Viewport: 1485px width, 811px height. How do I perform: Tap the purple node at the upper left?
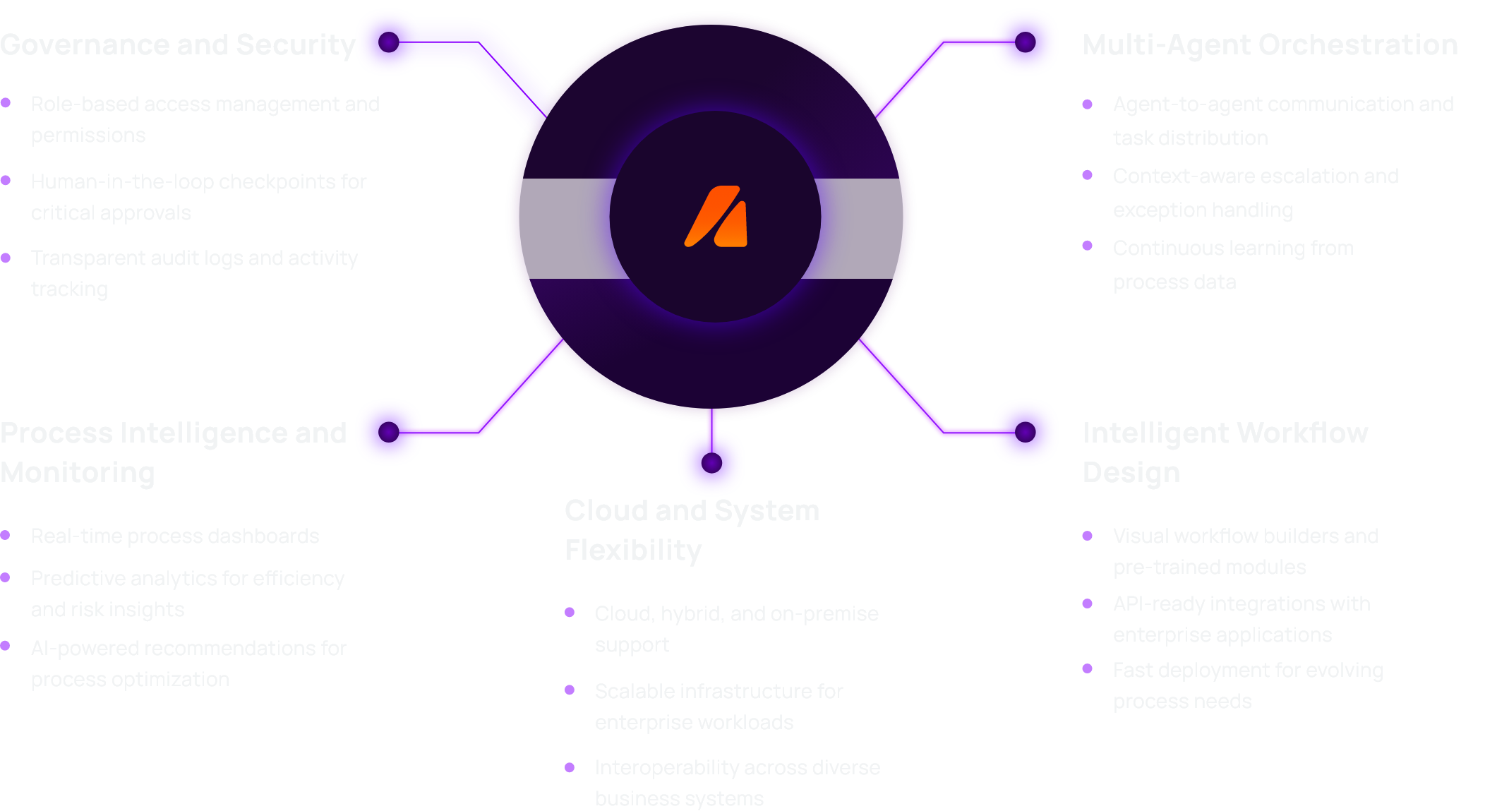tap(389, 42)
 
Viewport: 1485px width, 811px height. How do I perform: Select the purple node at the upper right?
tap(1026, 42)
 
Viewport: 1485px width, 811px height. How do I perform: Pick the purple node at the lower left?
tap(389, 431)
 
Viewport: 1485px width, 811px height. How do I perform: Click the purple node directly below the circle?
tap(711, 463)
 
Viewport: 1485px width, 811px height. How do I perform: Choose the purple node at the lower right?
tap(1026, 431)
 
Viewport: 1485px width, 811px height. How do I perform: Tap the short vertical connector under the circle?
tap(711, 421)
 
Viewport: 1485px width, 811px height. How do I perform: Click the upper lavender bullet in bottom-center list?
tap(580, 620)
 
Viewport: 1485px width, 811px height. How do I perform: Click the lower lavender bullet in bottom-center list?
tap(580, 692)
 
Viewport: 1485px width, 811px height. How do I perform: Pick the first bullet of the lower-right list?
tap(1095, 536)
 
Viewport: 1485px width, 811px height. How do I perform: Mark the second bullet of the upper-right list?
tap(1095, 174)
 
